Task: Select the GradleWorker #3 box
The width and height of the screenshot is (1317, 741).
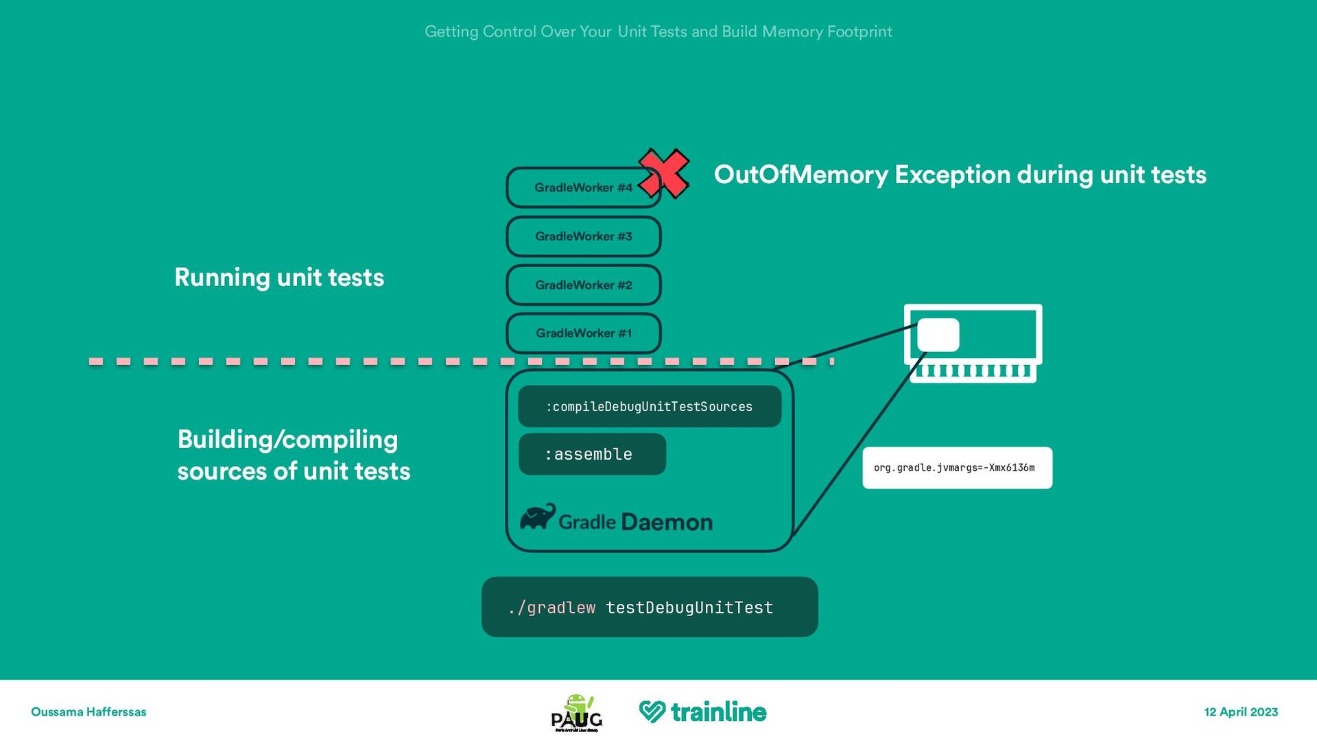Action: coord(584,237)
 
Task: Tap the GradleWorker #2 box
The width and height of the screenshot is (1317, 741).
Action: coord(584,285)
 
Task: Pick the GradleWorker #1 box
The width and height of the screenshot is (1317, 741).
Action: coord(584,333)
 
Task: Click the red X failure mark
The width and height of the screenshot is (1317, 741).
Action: coord(664,174)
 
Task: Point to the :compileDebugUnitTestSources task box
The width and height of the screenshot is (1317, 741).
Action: coord(649,406)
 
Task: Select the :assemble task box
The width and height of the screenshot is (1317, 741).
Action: coord(591,454)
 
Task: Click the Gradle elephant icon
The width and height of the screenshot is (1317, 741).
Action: coord(538,517)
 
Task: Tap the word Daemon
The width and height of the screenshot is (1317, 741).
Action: coord(667,523)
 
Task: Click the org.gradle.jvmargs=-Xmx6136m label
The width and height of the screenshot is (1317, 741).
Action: coord(957,468)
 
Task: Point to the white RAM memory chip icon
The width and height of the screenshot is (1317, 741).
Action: coord(973,343)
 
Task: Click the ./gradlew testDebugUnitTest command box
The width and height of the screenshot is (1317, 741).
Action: coord(649,607)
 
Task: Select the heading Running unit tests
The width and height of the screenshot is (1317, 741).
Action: coord(279,278)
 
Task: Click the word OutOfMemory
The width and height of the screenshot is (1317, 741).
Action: coord(800,175)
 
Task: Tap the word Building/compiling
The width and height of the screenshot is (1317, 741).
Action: coord(287,440)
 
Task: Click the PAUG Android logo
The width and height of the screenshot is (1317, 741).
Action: coord(577,713)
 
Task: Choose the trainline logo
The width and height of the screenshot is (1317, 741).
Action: coord(702,712)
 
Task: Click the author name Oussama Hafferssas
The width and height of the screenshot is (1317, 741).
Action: coord(88,712)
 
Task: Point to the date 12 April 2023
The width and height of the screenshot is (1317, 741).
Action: coord(1241,712)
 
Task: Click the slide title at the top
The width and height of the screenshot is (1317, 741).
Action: coord(658,32)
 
